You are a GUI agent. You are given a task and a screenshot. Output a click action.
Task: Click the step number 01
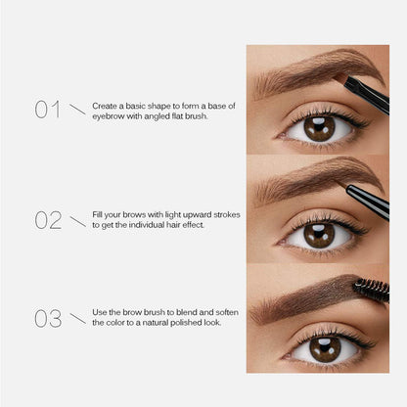[x=48, y=109]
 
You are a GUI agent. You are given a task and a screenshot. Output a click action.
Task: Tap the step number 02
[x=48, y=219]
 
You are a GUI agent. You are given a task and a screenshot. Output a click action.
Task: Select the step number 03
[x=48, y=319]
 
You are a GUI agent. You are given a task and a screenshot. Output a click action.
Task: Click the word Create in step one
[x=105, y=104]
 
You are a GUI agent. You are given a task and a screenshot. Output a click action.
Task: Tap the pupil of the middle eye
[x=319, y=234]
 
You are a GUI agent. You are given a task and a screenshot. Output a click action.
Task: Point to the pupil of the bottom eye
[x=325, y=345]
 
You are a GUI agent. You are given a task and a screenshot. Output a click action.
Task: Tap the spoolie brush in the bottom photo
[x=372, y=290]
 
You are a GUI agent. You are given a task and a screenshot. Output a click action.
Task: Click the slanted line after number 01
[x=77, y=108]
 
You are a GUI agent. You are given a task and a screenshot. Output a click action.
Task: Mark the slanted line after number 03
[x=77, y=319]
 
